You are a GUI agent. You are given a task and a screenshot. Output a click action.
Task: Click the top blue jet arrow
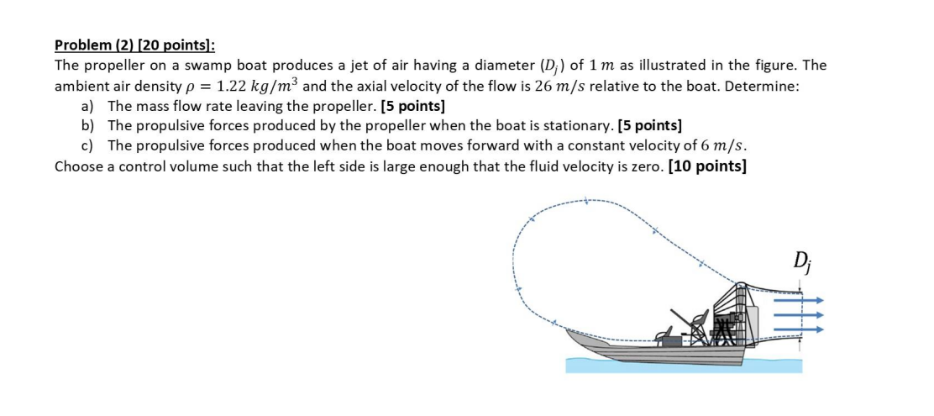[x=797, y=299]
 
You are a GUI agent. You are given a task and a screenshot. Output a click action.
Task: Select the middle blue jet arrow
[x=797, y=315]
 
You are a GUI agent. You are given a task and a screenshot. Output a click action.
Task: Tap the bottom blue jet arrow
[x=797, y=330]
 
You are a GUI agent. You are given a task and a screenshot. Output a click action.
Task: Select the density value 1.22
[x=234, y=86]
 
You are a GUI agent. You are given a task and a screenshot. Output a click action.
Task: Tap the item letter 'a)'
[x=88, y=107]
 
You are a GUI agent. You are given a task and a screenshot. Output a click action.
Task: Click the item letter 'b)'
[x=88, y=126]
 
